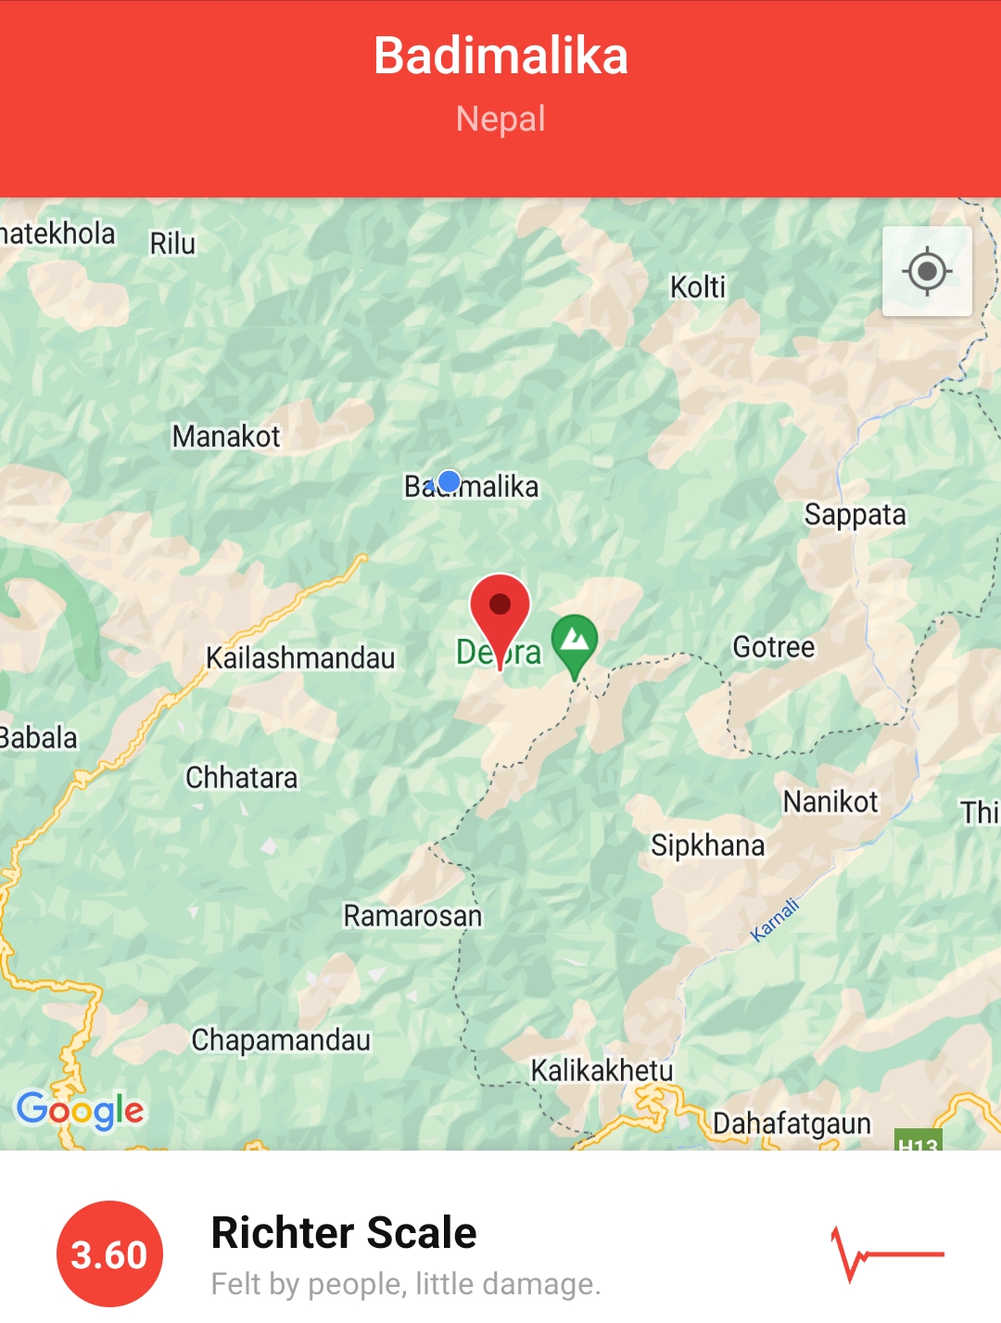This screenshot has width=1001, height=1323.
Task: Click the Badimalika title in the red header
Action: pyautogui.click(x=500, y=56)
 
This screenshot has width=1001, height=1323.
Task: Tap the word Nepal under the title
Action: pyautogui.click(x=500, y=119)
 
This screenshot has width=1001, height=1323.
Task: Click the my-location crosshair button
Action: pyautogui.click(x=927, y=272)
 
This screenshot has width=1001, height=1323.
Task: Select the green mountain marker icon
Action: pyautogui.click(x=575, y=641)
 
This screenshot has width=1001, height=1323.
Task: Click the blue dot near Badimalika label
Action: pyautogui.click(x=449, y=481)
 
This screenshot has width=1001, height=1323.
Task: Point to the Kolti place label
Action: pyautogui.click(x=698, y=287)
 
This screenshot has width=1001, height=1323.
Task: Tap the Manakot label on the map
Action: pyautogui.click(x=226, y=436)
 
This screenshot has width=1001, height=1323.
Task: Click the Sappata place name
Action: pyautogui.click(x=855, y=515)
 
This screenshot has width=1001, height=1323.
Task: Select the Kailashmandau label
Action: pyautogui.click(x=300, y=658)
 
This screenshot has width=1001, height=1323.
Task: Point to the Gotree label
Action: pyautogui.click(x=774, y=647)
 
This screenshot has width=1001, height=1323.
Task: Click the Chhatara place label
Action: pyautogui.click(x=242, y=778)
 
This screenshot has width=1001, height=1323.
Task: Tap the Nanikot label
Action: pyautogui.click(x=830, y=802)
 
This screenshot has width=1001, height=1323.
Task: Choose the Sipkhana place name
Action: pyautogui.click(x=708, y=846)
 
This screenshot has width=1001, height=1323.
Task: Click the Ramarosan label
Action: pyautogui.click(x=412, y=916)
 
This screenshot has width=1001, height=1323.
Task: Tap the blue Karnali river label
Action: pyautogui.click(x=774, y=921)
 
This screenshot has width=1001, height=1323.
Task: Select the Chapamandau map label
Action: pyautogui.click(x=281, y=1040)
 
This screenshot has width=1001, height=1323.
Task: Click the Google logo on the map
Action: pyautogui.click(x=81, y=1110)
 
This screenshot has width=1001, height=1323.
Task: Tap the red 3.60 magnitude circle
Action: pyautogui.click(x=109, y=1254)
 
